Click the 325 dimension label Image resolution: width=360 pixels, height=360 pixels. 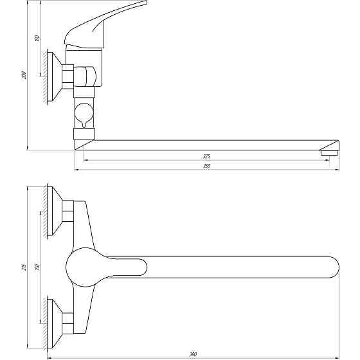coord(206,156)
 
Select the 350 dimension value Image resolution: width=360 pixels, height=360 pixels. coord(206,166)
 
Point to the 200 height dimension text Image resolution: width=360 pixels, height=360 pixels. coord(24,75)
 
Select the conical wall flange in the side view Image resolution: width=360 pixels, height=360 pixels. coord(57,77)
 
